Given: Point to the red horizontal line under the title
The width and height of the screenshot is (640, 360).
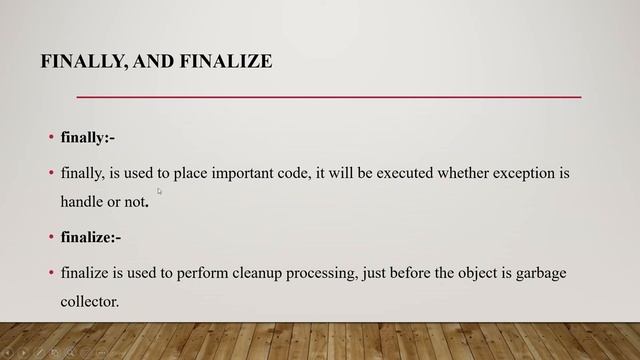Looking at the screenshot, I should point(329,97).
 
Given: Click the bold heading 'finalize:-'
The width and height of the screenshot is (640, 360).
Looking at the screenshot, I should point(91,237).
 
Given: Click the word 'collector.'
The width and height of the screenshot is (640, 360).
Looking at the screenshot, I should point(90,299).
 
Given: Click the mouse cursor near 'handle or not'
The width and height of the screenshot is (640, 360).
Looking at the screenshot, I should point(159,190).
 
